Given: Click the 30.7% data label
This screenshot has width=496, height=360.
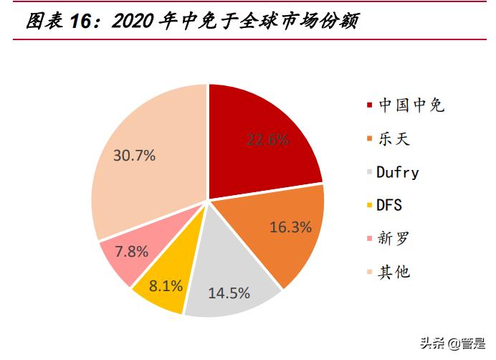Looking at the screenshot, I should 134,155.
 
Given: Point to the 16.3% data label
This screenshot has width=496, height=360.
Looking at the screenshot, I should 290,227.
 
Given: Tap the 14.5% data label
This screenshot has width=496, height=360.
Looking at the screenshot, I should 229,293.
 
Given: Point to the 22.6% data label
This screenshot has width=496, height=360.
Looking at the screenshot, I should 267,140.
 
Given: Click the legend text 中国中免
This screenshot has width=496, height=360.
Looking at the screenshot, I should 411,106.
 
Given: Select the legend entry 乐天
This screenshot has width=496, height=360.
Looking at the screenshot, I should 394,139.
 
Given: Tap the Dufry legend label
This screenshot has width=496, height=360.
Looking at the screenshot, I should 398,172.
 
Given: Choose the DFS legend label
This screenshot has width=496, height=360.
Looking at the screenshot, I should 390,205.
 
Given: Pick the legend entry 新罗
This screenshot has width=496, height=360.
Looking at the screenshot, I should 394,238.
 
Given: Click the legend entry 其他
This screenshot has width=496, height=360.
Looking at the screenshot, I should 394,272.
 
